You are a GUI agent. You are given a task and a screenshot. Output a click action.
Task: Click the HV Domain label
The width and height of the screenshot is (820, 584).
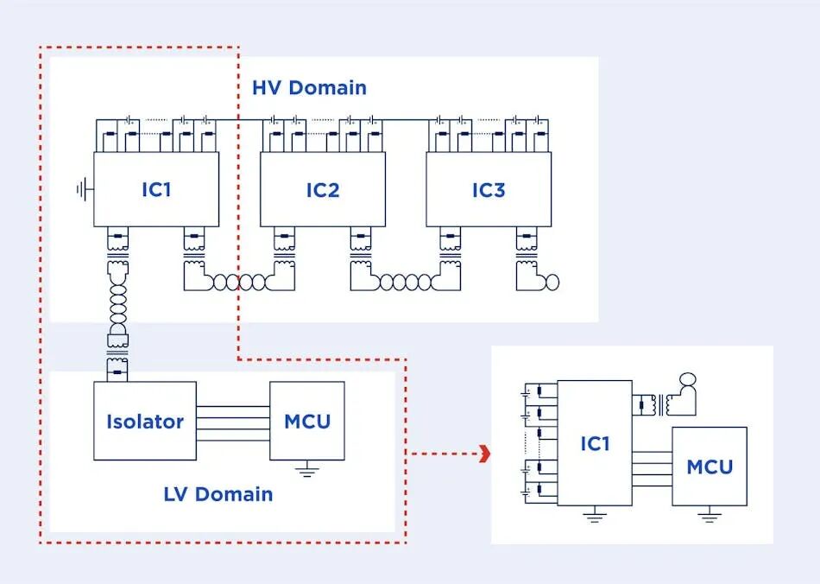[x=309, y=87]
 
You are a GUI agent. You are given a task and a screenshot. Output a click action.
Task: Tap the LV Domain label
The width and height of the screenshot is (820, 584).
[x=218, y=494]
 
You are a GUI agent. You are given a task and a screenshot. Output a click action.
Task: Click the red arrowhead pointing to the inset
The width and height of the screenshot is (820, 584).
[x=486, y=454]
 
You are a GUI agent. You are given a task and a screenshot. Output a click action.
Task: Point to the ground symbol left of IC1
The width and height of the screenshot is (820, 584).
[x=84, y=189]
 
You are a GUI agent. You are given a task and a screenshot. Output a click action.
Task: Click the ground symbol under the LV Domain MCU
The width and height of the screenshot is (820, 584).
[x=307, y=469]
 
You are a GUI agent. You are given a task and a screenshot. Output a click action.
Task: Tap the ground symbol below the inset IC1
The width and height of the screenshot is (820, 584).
[x=594, y=515]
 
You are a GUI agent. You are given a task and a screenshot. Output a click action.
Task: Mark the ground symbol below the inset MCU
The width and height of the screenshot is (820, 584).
[x=710, y=515]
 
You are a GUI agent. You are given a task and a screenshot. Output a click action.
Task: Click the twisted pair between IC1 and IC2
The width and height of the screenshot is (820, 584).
[x=239, y=282]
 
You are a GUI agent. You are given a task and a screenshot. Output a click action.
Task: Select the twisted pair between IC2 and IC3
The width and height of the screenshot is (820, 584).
[x=406, y=282]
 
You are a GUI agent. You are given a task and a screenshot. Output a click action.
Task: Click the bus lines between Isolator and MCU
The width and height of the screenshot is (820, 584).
[x=233, y=423]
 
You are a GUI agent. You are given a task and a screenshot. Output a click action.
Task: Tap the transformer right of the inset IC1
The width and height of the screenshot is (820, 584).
[x=661, y=405]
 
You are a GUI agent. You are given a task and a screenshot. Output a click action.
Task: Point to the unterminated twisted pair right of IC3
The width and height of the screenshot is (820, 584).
[x=547, y=282]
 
